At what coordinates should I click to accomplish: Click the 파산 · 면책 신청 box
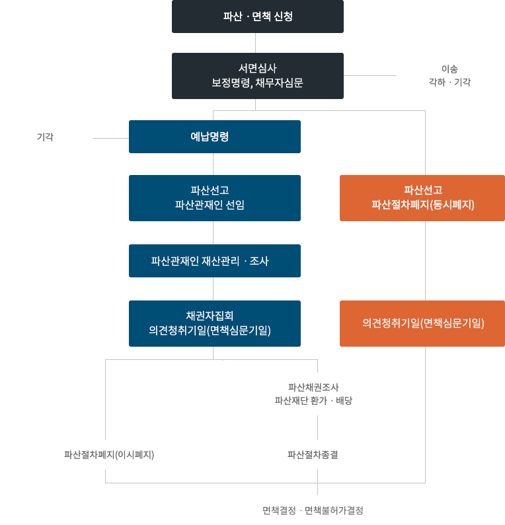[258, 17]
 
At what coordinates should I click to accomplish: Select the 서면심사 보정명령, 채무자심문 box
[258, 76]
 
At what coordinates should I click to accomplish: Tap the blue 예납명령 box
[215, 137]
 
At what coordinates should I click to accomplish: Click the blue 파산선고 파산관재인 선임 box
[215, 198]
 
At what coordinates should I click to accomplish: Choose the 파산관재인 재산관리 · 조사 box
[215, 261]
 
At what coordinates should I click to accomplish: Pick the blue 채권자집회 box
[215, 324]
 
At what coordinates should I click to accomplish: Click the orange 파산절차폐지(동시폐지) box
[422, 198]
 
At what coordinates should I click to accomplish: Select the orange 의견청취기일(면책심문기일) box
[422, 324]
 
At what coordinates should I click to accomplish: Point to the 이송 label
[449, 69]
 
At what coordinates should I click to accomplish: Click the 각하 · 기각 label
[449, 82]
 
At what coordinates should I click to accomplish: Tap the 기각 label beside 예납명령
[45, 137]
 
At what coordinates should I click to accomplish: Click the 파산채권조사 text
[313, 388]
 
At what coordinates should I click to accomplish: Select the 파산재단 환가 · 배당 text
[313, 400]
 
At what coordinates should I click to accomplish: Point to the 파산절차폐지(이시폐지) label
[109, 455]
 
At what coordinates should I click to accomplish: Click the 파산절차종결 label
[313, 455]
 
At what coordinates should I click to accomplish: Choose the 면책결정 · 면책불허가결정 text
[313, 510]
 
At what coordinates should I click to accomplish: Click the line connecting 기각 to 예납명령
[110, 138]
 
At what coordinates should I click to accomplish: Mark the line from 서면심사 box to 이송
[370, 76]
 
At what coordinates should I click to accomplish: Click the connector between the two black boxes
[255, 43]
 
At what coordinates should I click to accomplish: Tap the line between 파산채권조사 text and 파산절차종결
[318, 427]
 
